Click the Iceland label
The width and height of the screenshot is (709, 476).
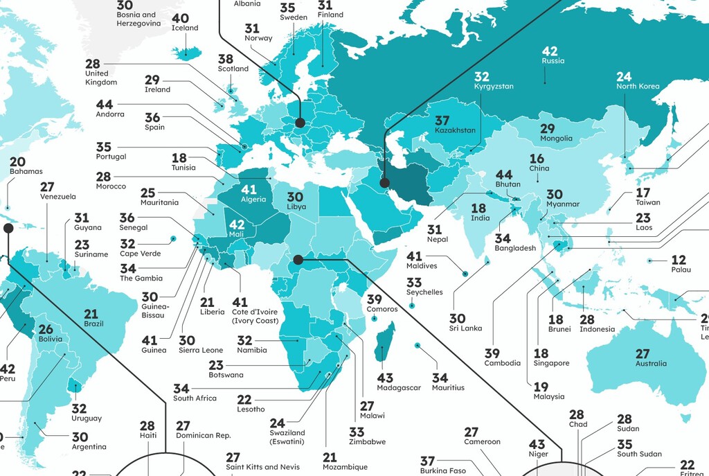(185, 28)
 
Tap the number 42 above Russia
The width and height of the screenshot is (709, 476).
(550, 51)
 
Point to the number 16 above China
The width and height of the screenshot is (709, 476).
(537, 159)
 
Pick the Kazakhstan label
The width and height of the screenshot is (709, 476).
(455, 130)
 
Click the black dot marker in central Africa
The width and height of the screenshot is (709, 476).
(298, 260)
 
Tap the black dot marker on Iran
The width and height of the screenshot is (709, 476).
(384, 184)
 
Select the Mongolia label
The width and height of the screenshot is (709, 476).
(557, 139)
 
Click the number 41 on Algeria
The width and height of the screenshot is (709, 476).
(249, 188)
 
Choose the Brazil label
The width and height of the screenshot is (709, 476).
(93, 324)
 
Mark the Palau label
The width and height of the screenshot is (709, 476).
(679, 271)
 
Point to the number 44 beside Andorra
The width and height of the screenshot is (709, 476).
(105, 105)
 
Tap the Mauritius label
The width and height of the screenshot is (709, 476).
(448, 388)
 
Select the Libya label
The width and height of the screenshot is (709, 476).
(295, 207)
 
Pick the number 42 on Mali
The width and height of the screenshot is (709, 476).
(237, 224)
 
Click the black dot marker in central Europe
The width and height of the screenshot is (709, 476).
(300, 123)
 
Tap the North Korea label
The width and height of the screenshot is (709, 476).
(638, 87)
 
